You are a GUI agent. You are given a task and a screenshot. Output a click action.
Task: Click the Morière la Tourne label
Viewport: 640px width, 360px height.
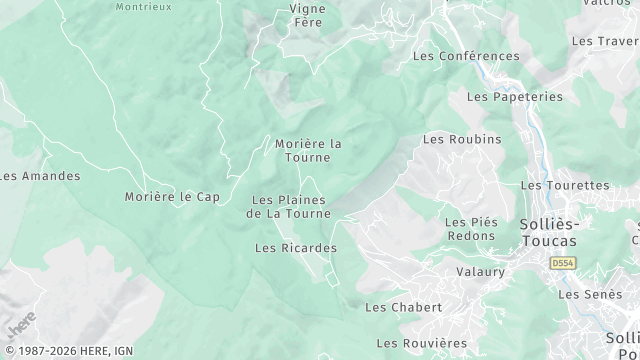(x=308, y=150)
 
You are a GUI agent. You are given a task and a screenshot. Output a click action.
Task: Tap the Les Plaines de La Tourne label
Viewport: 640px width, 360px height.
(x=288, y=206)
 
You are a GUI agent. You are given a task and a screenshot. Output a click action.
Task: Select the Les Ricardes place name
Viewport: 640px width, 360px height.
(x=296, y=248)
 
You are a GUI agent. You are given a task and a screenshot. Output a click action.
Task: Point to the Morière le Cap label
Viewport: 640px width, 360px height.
(x=172, y=197)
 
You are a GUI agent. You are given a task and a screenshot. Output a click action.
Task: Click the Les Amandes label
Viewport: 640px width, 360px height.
(x=40, y=176)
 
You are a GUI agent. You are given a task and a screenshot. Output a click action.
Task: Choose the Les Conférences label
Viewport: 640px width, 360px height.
(x=466, y=57)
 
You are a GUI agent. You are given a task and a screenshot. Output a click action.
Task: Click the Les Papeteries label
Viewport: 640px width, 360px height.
(x=514, y=97)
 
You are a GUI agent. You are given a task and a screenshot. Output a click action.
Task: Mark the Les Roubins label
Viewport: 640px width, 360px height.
(x=462, y=139)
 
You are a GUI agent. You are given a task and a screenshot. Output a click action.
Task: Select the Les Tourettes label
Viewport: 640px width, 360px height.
(x=565, y=185)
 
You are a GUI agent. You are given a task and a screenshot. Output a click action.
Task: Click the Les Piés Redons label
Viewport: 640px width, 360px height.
(x=470, y=229)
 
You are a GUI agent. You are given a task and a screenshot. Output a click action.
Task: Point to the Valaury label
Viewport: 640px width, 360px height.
(x=480, y=271)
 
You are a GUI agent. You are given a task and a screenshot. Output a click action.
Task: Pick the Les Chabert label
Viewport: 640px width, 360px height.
(x=404, y=307)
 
